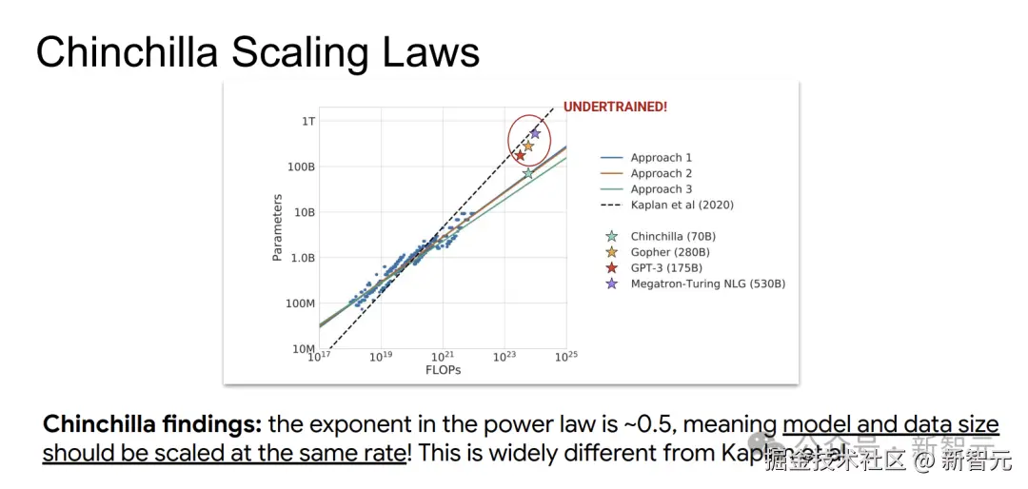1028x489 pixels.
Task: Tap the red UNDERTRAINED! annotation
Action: point(615,107)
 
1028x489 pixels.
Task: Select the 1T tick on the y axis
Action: point(308,122)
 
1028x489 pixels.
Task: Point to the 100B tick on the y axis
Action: point(302,167)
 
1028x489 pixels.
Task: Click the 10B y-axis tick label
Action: point(305,212)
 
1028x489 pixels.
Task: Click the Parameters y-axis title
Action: point(277,228)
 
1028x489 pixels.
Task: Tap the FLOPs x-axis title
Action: point(444,370)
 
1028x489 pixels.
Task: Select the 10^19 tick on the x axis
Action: point(381,356)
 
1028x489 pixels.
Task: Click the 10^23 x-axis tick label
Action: point(504,356)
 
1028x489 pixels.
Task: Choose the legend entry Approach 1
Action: point(661,158)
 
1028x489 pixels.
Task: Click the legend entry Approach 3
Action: point(661,189)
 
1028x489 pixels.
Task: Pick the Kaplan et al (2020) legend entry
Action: point(682,205)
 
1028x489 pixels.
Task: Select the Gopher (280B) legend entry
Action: point(670,252)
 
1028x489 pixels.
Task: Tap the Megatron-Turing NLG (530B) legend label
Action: point(707,284)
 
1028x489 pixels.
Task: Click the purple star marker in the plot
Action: point(535,134)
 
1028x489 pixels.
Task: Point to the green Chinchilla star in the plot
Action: point(528,173)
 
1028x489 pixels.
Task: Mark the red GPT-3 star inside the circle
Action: point(521,155)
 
